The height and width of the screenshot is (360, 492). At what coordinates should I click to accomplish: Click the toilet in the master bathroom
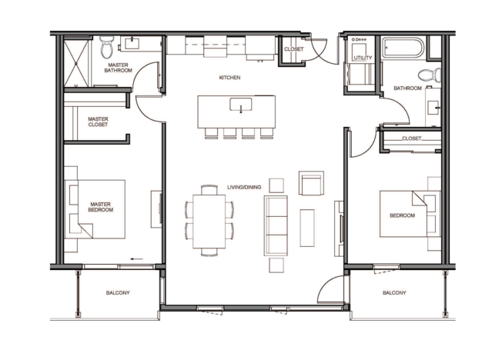tap(107, 47)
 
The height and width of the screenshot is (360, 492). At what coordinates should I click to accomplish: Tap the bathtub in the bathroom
tap(403, 48)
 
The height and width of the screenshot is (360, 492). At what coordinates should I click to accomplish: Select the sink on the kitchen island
tap(241, 105)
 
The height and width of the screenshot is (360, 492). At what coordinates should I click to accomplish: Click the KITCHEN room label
tap(229, 78)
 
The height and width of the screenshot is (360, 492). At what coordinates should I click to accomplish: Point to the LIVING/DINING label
tap(244, 187)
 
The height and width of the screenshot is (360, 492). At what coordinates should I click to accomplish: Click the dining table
tap(209, 222)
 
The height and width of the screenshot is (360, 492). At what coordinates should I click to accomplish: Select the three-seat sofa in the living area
tap(276, 225)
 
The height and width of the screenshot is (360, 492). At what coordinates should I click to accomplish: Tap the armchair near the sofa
tap(311, 183)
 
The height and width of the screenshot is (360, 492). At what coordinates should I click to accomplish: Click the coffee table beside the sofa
tap(307, 228)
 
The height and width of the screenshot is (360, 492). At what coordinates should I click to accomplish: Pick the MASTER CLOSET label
tap(98, 122)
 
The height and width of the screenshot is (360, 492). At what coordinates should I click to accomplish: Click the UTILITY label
tap(363, 58)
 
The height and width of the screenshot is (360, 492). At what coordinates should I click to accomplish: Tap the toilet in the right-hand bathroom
tap(429, 75)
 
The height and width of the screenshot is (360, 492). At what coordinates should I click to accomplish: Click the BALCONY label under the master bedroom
tap(118, 293)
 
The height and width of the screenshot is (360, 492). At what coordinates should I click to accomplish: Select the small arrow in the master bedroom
tap(136, 259)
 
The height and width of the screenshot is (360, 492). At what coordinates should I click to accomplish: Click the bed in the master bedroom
tap(95, 209)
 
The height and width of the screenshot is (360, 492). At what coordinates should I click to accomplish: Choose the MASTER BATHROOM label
tap(118, 68)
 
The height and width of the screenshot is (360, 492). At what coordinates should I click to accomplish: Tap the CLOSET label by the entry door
tap(294, 49)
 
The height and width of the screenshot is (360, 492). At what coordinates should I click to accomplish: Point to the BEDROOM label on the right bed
tap(402, 215)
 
